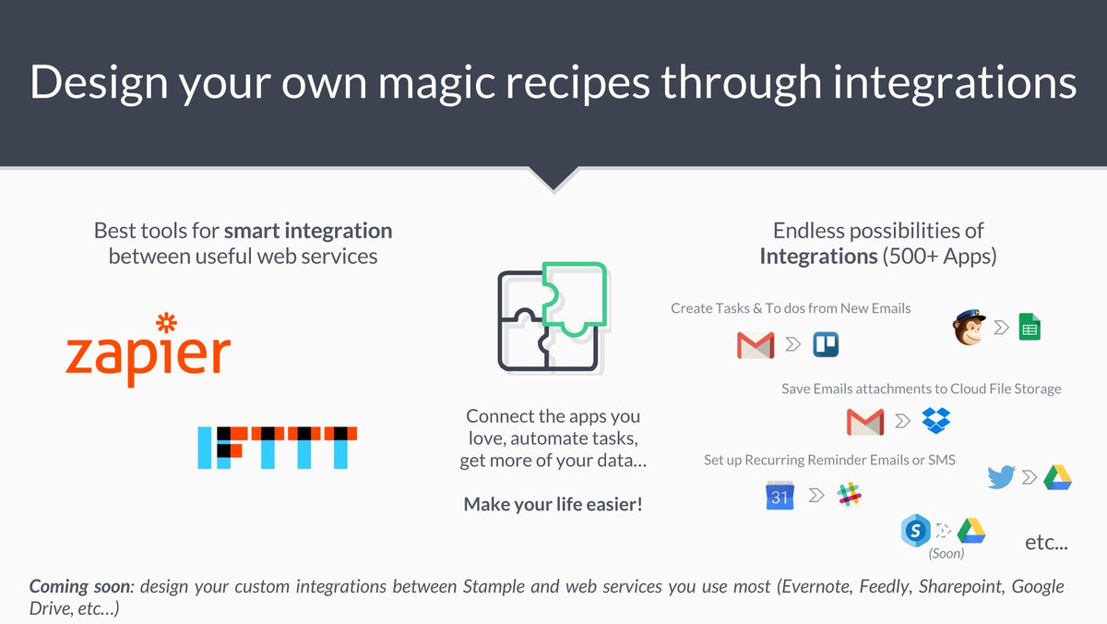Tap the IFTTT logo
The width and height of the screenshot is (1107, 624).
pyautogui.click(x=278, y=447)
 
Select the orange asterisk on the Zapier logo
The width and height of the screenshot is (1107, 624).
pyautogui.click(x=166, y=324)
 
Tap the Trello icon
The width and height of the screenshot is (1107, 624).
pyautogui.click(x=826, y=345)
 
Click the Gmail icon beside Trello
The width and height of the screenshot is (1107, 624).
pyautogui.click(x=756, y=345)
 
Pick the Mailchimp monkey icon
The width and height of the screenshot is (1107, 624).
pyautogui.click(x=968, y=327)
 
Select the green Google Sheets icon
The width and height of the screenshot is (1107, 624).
pyautogui.click(x=1029, y=327)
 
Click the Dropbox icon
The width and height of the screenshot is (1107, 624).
pyautogui.click(x=936, y=421)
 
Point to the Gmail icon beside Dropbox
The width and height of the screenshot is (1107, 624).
pyautogui.click(x=865, y=422)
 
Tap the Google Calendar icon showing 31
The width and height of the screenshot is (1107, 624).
pyautogui.click(x=780, y=496)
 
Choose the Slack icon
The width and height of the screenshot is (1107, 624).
pyautogui.click(x=849, y=495)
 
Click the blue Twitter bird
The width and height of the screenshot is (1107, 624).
pyautogui.click(x=1001, y=477)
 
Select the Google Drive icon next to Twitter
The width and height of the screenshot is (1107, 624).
pyautogui.click(x=1057, y=477)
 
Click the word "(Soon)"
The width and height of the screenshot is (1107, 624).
pyautogui.click(x=946, y=554)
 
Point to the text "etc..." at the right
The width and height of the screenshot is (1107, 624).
pyautogui.click(x=1046, y=543)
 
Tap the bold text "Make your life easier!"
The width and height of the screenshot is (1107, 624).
pyautogui.click(x=553, y=504)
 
